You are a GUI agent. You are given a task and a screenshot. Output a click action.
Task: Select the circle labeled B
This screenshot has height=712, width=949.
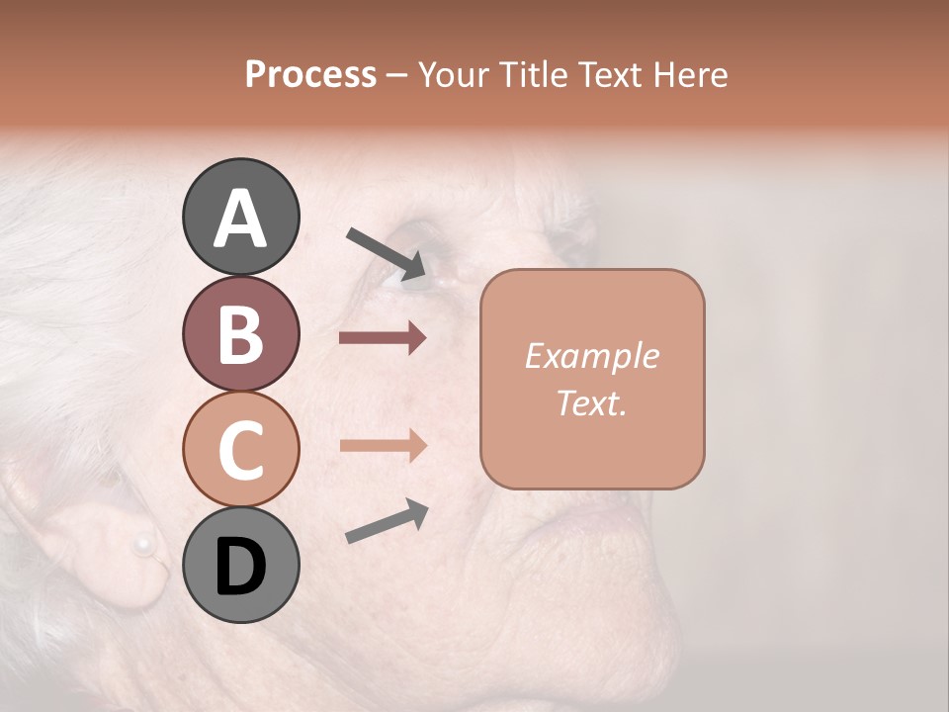(x=240, y=333)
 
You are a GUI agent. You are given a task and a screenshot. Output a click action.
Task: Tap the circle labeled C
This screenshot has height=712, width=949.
(x=240, y=449)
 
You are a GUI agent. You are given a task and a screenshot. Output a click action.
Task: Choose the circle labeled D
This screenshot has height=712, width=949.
(x=240, y=565)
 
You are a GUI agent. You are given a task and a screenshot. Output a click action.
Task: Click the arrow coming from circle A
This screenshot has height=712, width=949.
(x=386, y=252)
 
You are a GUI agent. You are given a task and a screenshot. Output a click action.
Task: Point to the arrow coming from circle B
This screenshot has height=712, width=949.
(x=383, y=338)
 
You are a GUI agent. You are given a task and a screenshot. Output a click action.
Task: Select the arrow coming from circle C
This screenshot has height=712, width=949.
(x=383, y=446)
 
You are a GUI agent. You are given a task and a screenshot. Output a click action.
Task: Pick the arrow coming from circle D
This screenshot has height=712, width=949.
(x=387, y=521)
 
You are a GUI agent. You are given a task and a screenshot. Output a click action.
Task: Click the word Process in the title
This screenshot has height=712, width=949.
(x=310, y=74)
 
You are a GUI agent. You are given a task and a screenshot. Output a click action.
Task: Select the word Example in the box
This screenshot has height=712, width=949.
(x=591, y=356)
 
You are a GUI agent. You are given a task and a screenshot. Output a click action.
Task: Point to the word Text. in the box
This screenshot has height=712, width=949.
(x=591, y=402)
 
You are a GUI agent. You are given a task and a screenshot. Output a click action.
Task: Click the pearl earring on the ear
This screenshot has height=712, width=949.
(x=144, y=543)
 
